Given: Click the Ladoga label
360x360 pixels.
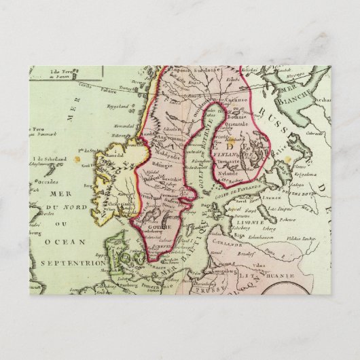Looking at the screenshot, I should tap(298, 174).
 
